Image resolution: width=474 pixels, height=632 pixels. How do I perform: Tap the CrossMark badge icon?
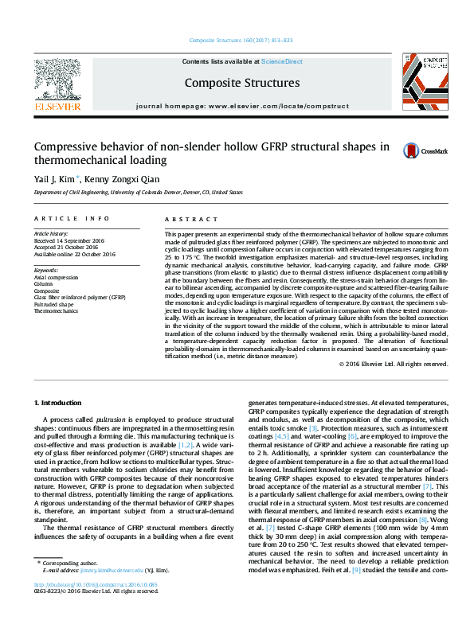click(x=390, y=150)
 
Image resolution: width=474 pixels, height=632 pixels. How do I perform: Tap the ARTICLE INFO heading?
click(x=71, y=218)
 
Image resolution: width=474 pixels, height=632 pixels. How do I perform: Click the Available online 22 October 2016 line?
click(x=75, y=254)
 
